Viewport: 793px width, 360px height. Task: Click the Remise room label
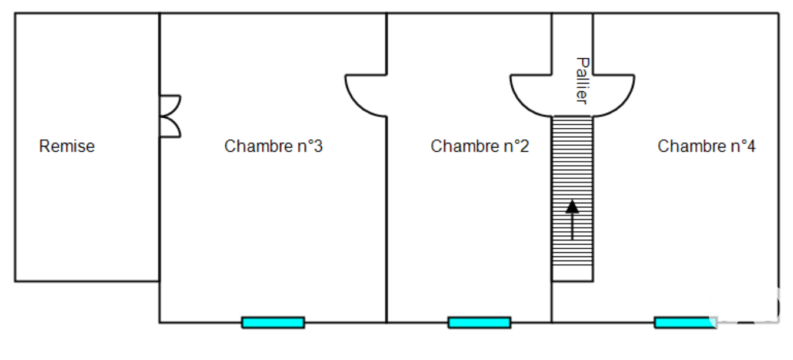click(67, 146)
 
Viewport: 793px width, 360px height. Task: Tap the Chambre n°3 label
click(274, 146)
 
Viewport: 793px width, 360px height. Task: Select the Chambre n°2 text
click(479, 146)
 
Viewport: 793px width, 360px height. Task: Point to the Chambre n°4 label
click(707, 146)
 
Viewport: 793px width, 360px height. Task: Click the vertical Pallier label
click(582, 81)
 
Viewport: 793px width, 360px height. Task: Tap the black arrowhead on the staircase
click(572, 206)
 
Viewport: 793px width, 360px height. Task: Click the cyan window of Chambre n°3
click(273, 322)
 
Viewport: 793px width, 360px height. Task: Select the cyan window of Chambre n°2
click(479, 322)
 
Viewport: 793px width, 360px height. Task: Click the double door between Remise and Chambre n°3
click(170, 116)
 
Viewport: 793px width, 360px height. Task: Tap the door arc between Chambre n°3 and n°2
click(366, 95)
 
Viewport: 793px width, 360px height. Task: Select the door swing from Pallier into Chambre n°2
click(531, 95)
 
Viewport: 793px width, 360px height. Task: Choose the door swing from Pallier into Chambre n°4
click(614, 95)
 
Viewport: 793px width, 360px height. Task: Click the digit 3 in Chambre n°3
click(318, 146)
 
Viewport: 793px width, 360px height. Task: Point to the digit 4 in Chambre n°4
click(751, 146)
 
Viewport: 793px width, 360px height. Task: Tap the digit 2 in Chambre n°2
click(525, 146)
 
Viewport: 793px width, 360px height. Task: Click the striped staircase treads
click(572, 191)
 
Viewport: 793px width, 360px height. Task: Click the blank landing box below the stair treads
click(572, 274)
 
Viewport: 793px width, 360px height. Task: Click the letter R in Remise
click(44, 146)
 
